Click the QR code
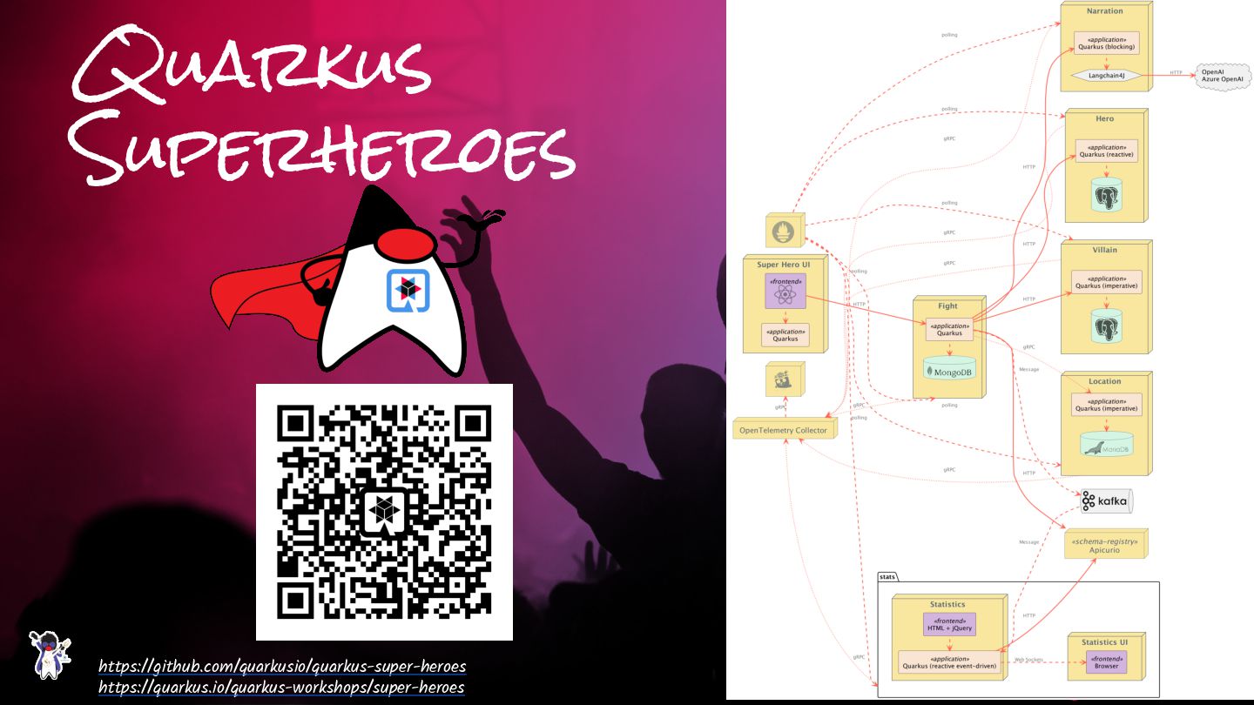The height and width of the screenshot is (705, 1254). (x=384, y=512)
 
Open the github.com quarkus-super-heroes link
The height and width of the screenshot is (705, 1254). (x=282, y=667)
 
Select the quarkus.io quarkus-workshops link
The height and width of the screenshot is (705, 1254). (x=281, y=688)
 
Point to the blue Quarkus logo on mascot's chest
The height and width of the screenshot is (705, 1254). (x=405, y=291)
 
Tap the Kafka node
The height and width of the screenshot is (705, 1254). (x=1103, y=500)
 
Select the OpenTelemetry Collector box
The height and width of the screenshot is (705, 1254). (x=784, y=430)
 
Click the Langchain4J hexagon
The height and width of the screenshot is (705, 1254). (x=1106, y=76)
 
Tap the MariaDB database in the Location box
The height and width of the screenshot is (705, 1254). (x=1106, y=445)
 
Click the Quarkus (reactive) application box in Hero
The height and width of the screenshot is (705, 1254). (x=1106, y=151)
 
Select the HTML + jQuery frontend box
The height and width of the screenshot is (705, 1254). (x=949, y=624)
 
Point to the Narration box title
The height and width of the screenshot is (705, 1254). (x=1104, y=11)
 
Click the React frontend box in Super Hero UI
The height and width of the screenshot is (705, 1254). (x=785, y=291)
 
